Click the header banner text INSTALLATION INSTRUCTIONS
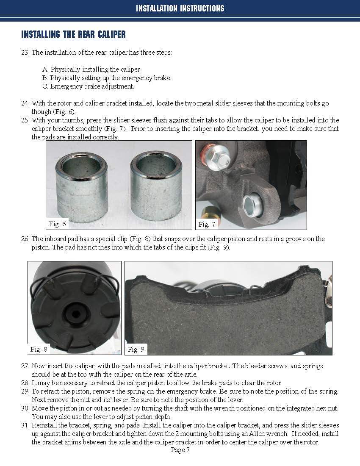coord(180,8)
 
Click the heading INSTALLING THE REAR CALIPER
coord(73,34)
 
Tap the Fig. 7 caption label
coord(207,224)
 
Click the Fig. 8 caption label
coord(39,349)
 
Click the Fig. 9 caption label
coord(136,349)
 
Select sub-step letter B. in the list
coord(45,78)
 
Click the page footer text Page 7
coord(180,450)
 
